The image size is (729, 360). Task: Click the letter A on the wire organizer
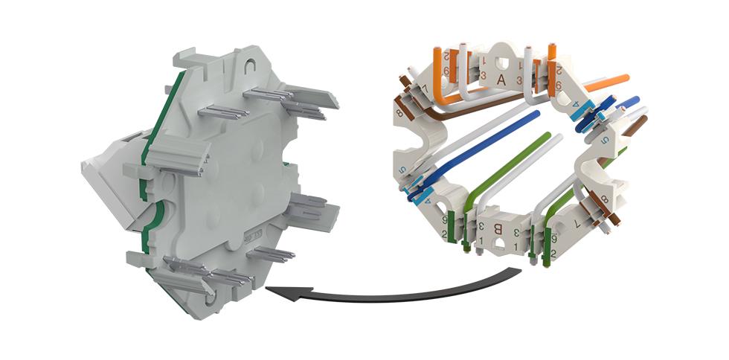pos(502,79)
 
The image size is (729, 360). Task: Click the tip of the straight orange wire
pos(626,77)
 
